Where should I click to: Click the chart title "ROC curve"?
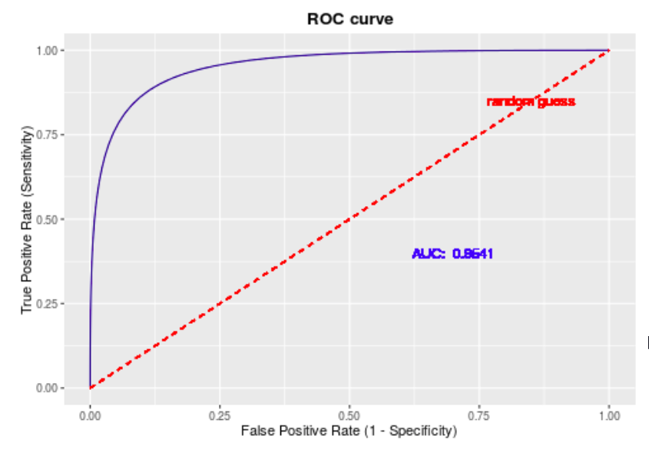349,19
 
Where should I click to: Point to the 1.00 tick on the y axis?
48,51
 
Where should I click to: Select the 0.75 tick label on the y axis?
48,135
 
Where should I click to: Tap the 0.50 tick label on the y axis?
48,220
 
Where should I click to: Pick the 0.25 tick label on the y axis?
48,304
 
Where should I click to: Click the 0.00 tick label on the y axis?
48,388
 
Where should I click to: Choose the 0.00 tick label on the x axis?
90,415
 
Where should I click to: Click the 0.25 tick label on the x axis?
220,415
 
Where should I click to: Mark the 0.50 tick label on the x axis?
349,415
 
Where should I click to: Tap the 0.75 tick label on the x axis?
479,415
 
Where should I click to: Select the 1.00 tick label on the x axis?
609,415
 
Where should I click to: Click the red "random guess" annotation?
531,102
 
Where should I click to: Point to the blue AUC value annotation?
452,254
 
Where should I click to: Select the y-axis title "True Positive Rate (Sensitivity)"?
28,220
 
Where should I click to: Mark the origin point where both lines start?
90,388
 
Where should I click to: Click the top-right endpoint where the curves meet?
609,51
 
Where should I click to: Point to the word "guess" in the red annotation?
555,102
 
